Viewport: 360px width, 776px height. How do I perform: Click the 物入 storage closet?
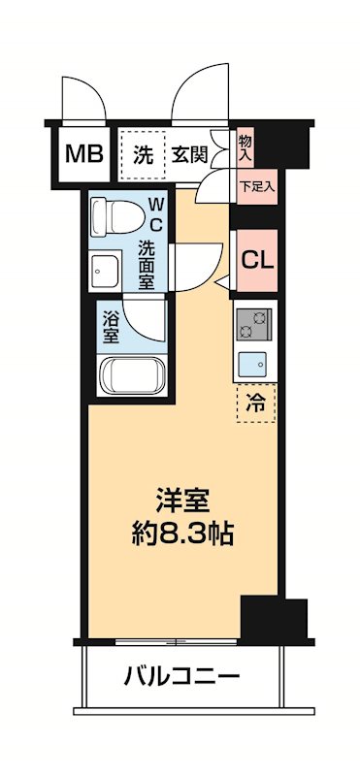point(245,147)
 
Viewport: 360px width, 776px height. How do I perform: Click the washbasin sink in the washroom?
point(104,269)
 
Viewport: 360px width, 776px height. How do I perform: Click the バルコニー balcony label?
point(181,675)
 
